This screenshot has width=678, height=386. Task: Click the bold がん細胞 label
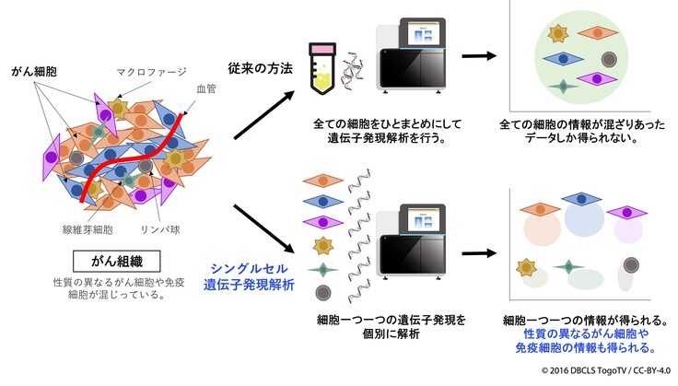tap(33, 70)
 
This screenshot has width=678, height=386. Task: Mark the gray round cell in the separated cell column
tap(322, 292)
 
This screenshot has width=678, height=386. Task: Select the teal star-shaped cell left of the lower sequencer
tap(322, 270)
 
